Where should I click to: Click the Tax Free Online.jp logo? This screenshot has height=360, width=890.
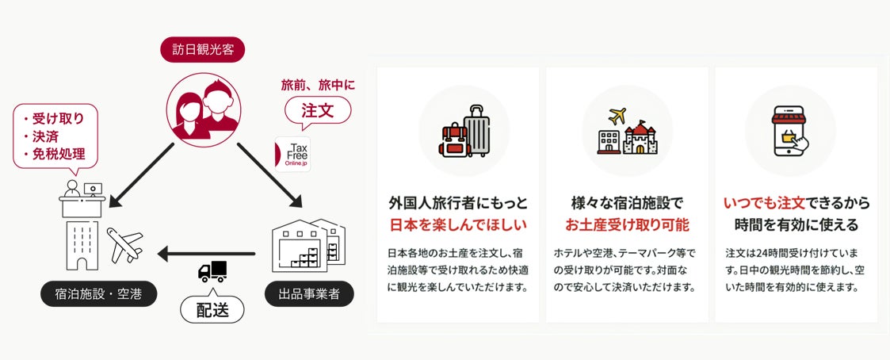click(x=292, y=154)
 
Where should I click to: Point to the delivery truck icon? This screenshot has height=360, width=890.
click(x=212, y=270)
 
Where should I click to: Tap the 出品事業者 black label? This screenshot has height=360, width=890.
click(x=308, y=295)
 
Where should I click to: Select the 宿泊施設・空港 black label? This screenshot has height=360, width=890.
click(x=98, y=295)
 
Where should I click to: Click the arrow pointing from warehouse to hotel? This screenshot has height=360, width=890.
click(x=206, y=254)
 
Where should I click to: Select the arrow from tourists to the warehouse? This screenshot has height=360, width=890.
click(x=269, y=174)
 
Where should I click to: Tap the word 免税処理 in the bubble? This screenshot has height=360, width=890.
click(x=59, y=154)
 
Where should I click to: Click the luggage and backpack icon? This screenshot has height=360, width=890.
click(x=464, y=131)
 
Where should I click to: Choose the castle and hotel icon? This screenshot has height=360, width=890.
click(x=628, y=131)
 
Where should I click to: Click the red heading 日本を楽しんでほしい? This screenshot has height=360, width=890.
click(x=457, y=224)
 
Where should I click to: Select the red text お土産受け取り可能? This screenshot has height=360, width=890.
click(x=627, y=224)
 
